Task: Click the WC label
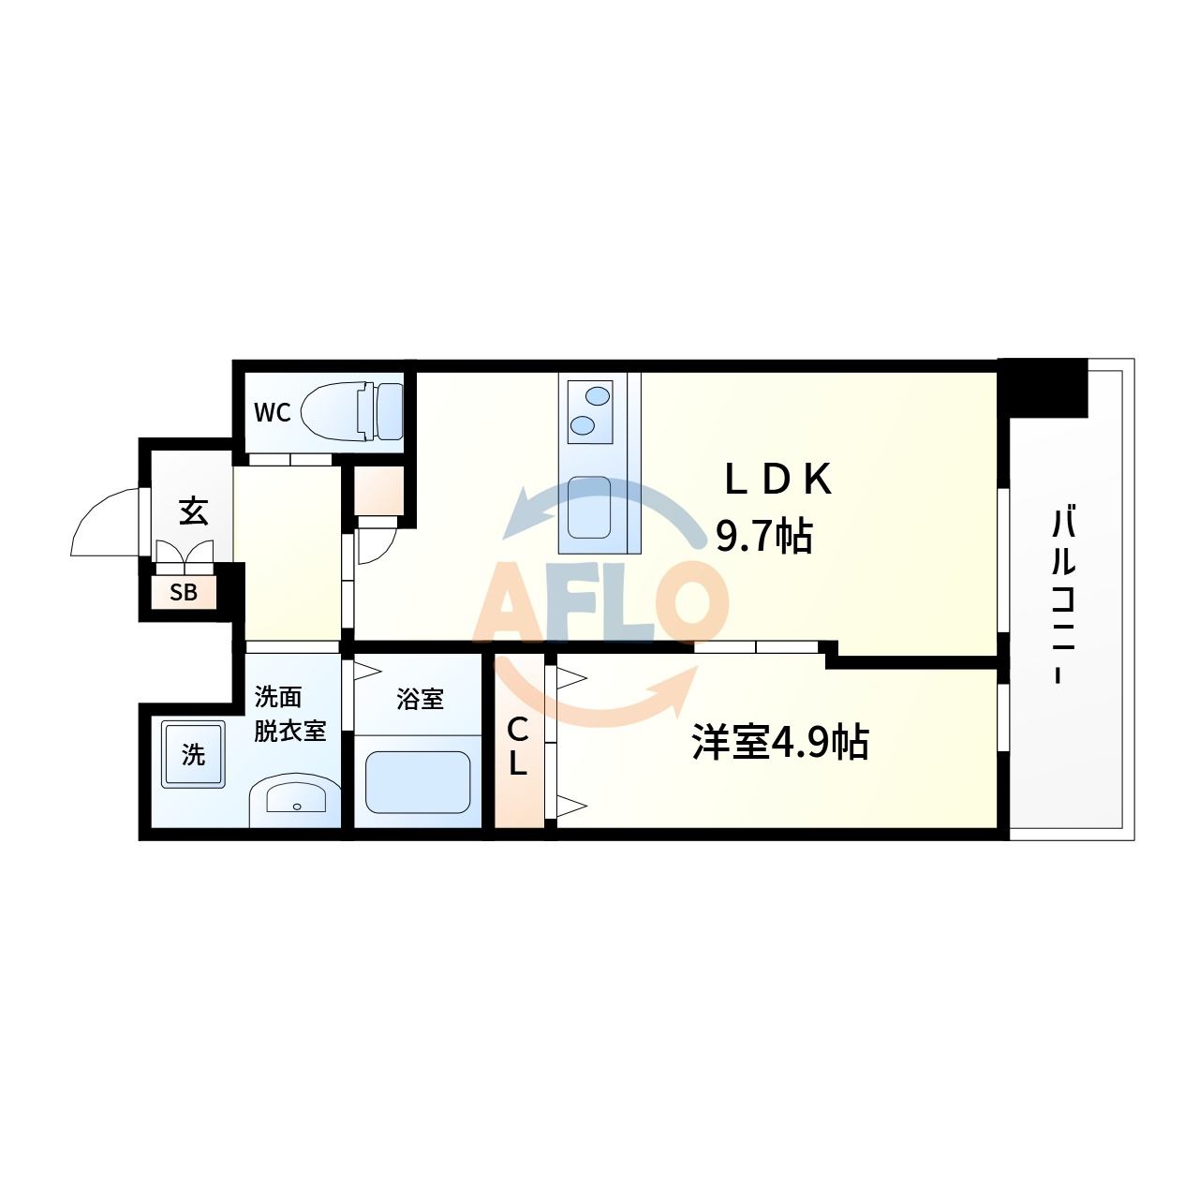pyautogui.click(x=272, y=412)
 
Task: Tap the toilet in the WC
pyautogui.click(x=351, y=411)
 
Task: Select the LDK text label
pyautogui.click(x=779, y=479)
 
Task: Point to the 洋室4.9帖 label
pyautogui.click(x=780, y=742)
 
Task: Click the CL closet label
pyautogui.click(x=518, y=746)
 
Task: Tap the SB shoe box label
pyautogui.click(x=184, y=592)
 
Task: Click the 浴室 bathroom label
pyautogui.click(x=420, y=699)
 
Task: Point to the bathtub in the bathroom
pyautogui.click(x=418, y=782)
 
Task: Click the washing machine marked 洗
pyautogui.click(x=193, y=754)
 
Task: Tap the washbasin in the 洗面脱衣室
pyautogui.click(x=296, y=800)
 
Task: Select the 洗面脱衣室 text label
pyautogui.click(x=290, y=714)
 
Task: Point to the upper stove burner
pyautogui.click(x=599, y=395)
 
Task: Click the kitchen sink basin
pyautogui.click(x=588, y=507)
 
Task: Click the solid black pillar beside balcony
pyautogui.click(x=1043, y=388)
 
